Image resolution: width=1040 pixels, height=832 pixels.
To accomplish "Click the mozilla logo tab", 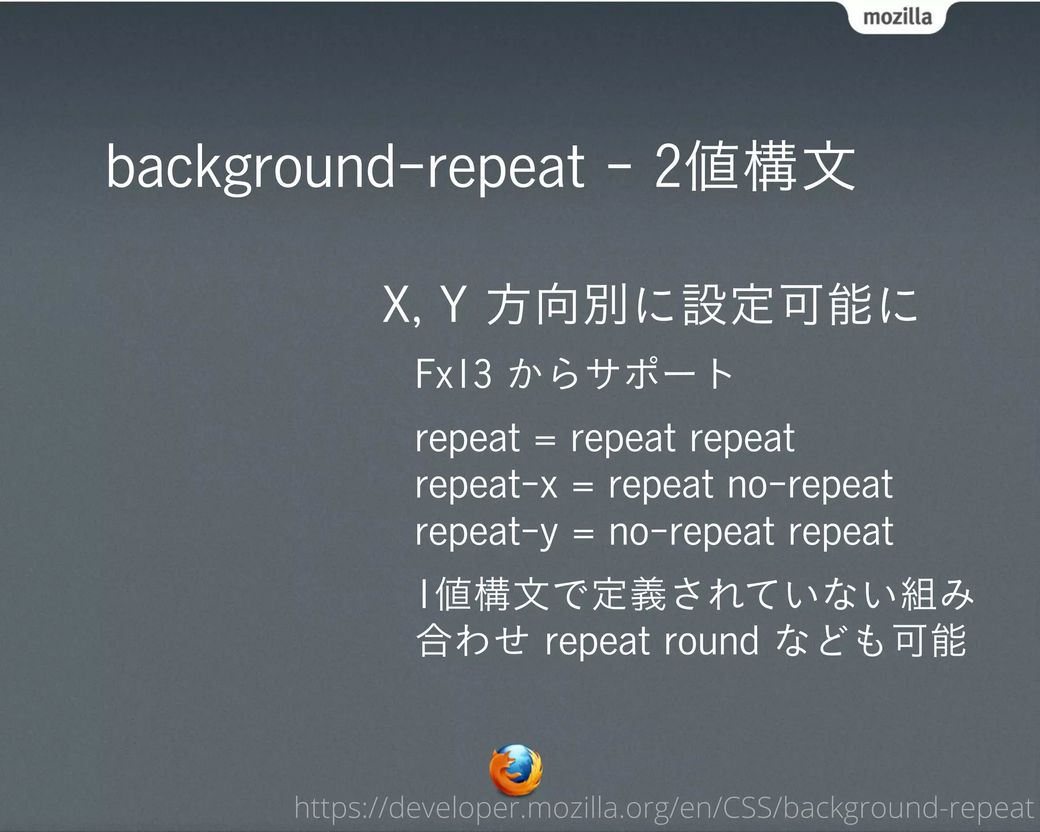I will (x=897, y=17).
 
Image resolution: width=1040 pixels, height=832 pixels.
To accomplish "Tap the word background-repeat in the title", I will (x=345, y=168).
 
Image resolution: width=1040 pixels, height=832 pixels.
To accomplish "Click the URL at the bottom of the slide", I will (x=664, y=808).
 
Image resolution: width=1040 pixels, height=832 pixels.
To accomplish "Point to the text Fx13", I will (x=453, y=374).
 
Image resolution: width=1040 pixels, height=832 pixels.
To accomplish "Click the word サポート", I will (x=660, y=374).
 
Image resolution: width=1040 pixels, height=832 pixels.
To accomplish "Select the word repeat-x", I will (x=486, y=485).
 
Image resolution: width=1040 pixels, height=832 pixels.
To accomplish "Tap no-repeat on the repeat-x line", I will (x=810, y=485).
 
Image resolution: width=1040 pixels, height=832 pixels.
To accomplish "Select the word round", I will (x=711, y=641).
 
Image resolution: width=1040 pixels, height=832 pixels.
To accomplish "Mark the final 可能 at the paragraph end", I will (x=930, y=641).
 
